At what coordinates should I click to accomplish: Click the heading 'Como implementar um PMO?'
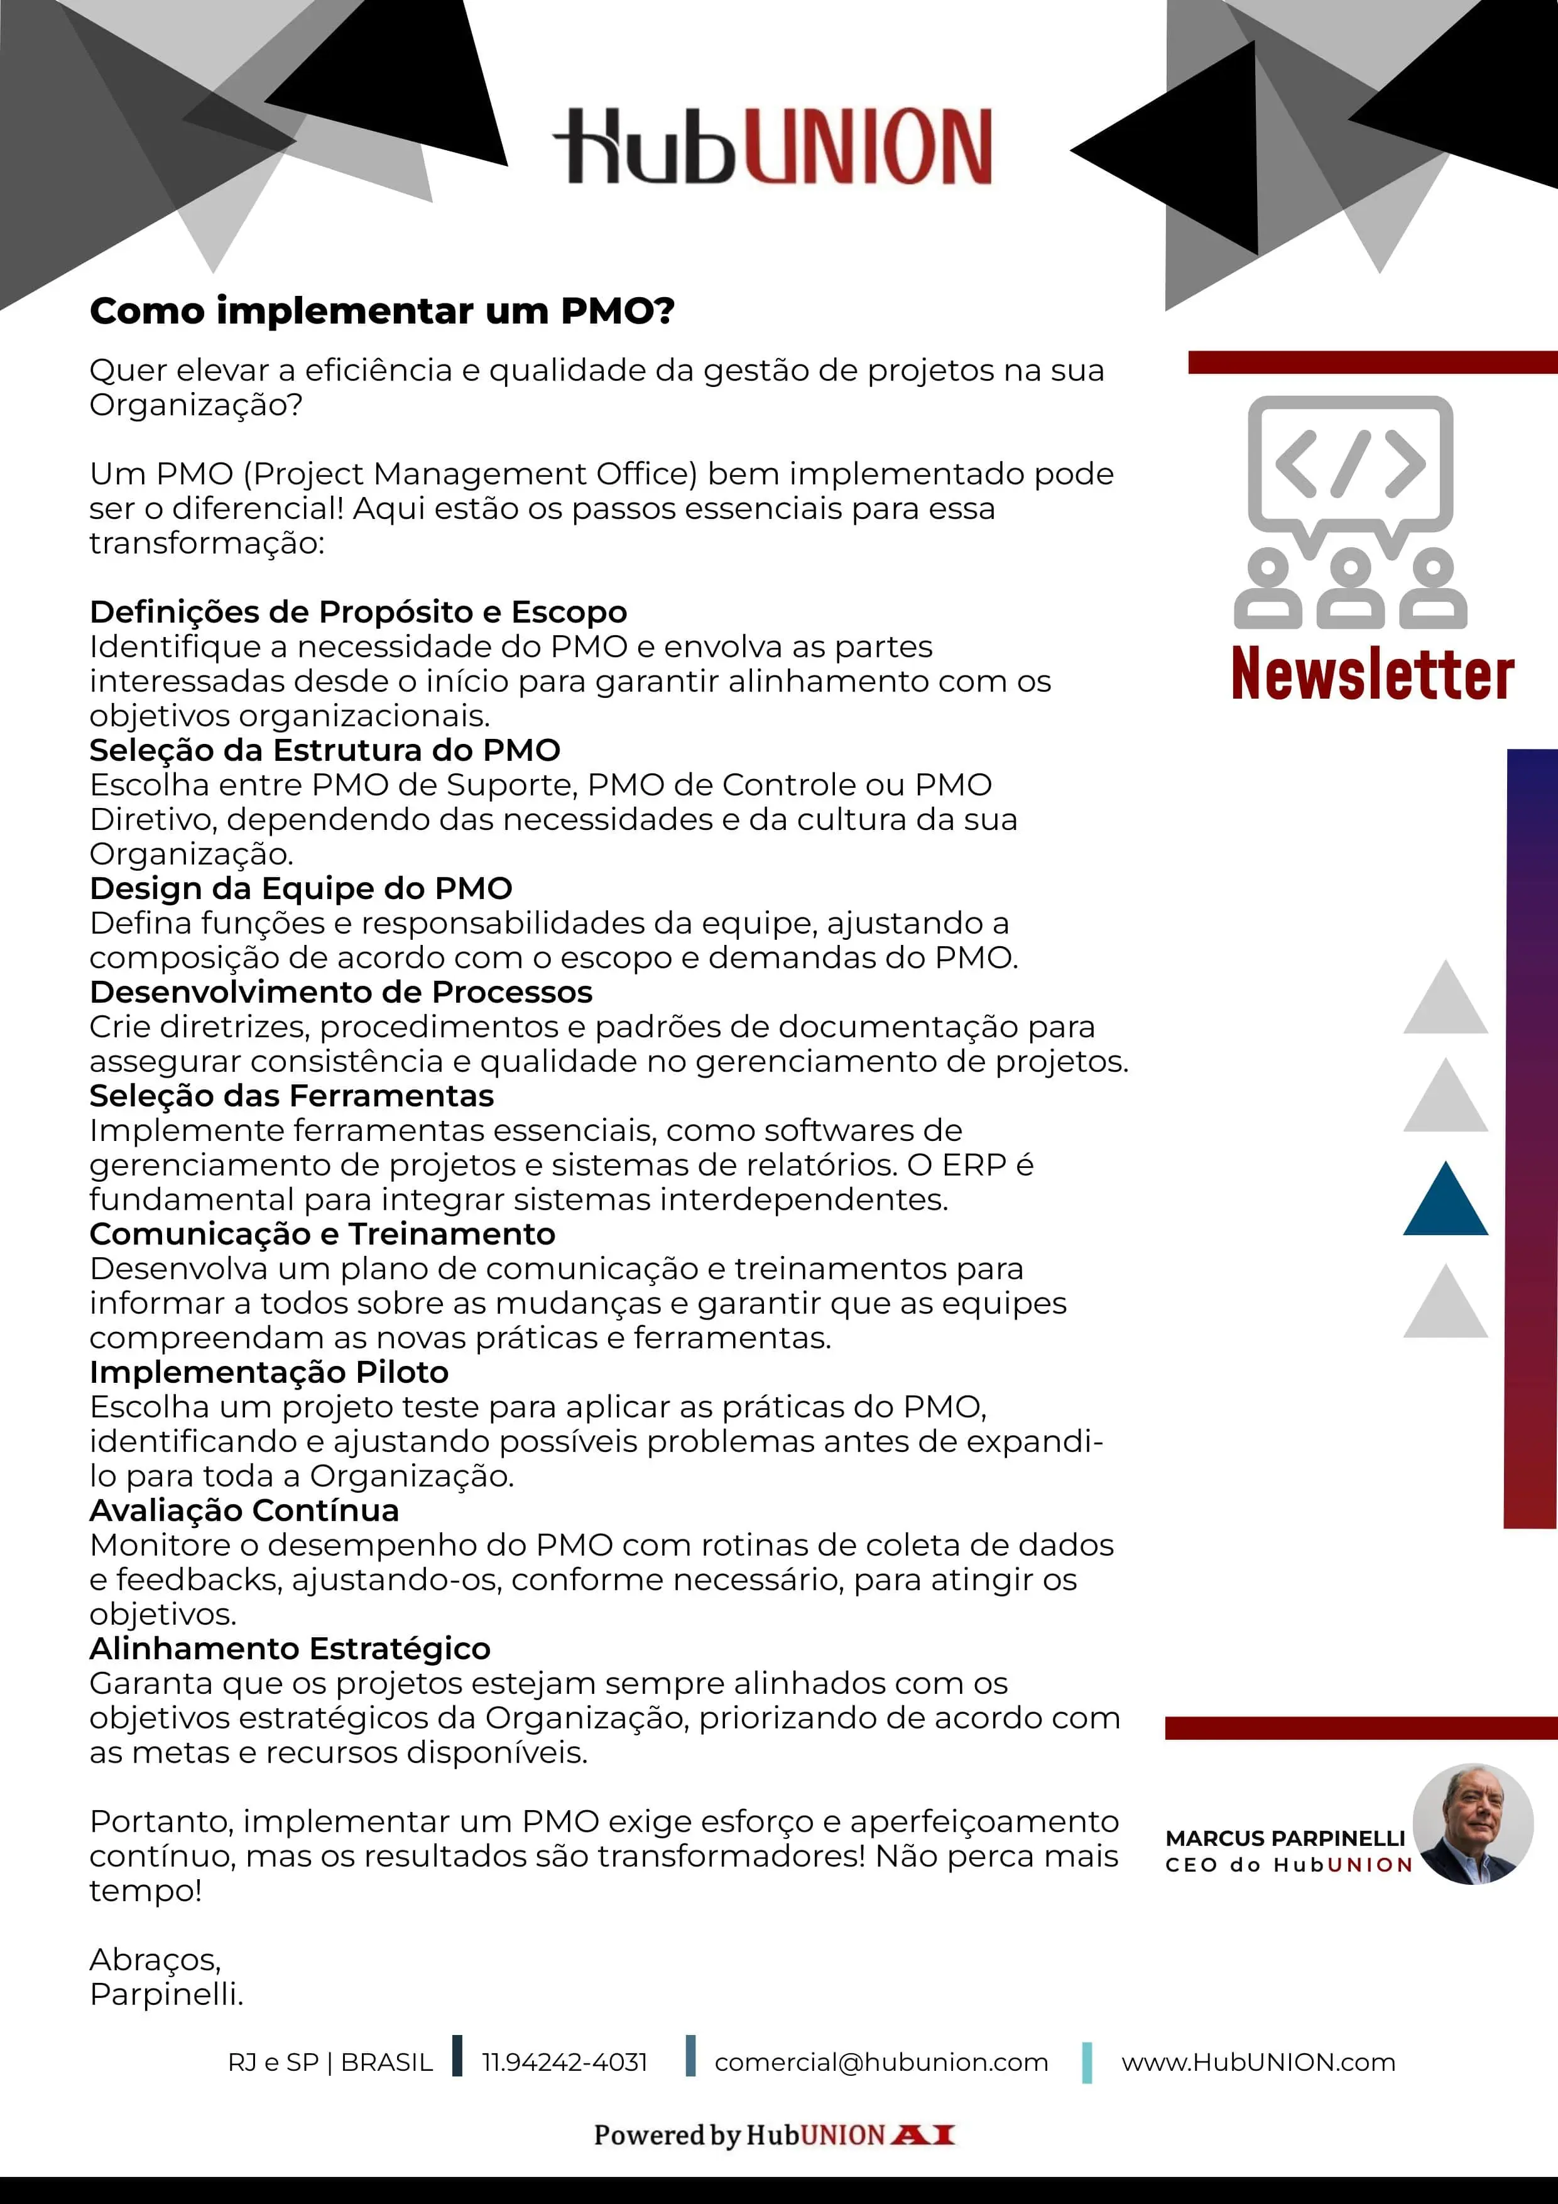click(382, 311)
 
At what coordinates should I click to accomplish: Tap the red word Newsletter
click(1372, 674)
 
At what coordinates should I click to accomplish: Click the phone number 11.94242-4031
click(564, 2062)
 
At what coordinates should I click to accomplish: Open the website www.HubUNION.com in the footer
click(1258, 2062)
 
